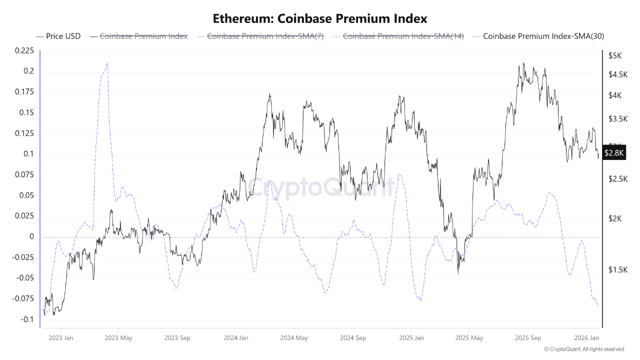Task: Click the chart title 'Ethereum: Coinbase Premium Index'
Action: tap(320, 19)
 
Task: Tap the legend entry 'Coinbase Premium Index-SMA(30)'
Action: tap(543, 36)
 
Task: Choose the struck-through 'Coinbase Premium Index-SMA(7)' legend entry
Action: tap(265, 36)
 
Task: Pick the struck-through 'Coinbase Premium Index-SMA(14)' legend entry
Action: tap(403, 36)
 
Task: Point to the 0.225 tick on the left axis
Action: tap(24, 50)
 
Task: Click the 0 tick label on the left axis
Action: tap(31, 236)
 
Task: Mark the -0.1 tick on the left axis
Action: tap(26, 319)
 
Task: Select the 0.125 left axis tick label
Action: tap(24, 133)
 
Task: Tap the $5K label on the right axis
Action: tap(614, 56)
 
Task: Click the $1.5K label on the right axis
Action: tap(617, 270)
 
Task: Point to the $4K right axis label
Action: tap(614, 95)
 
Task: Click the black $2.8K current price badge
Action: tap(614, 153)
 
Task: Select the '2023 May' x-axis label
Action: tap(118, 338)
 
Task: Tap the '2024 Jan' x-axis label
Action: tap(236, 338)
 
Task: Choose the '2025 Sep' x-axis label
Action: tap(528, 338)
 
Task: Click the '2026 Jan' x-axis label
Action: tap(586, 338)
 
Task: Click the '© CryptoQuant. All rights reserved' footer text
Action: tap(583, 349)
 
